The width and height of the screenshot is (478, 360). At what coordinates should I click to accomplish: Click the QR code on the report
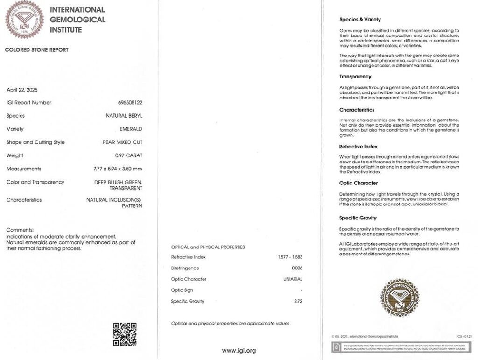125,334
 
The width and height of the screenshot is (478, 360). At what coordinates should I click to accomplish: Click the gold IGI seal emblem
400,297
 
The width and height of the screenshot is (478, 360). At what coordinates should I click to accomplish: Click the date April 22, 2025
21,89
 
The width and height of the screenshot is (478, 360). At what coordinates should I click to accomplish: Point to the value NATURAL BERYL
124,116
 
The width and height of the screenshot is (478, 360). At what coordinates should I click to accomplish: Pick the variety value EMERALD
131,129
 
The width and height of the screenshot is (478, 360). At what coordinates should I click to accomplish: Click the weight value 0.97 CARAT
128,155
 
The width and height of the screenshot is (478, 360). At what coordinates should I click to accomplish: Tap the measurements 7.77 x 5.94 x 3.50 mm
118,169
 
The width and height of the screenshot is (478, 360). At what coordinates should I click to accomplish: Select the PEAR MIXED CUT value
122,142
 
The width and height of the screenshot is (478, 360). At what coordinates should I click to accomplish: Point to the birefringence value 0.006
297,268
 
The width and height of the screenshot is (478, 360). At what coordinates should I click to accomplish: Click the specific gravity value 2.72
297,301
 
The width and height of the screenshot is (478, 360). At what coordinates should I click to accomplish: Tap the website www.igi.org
239,350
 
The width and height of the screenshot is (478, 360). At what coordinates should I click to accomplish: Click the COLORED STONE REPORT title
36,50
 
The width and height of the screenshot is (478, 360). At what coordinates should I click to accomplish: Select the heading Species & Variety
360,20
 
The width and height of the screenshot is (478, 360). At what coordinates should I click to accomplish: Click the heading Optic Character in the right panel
358,183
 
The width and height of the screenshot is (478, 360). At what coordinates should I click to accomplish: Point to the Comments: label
20,230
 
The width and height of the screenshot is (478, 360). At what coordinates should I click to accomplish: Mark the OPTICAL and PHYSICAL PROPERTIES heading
208,247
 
